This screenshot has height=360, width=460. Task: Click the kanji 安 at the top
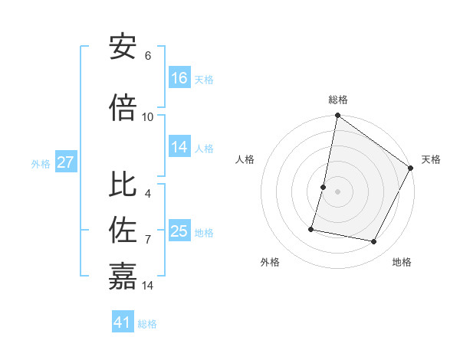123,46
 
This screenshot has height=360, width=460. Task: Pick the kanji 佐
123,230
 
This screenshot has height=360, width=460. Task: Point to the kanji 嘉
123,276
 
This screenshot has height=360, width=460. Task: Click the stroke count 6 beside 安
148,55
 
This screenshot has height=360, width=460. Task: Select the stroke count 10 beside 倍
148,116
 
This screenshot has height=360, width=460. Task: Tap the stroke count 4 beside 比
148,193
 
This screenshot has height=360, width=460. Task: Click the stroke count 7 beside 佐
148,239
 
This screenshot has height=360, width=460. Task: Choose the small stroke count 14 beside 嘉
149,285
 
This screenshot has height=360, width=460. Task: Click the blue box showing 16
179,78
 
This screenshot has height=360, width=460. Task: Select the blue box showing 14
179,147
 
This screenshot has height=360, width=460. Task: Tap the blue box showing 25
179,231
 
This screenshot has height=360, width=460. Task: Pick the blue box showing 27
65,162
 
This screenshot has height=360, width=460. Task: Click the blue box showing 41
123,322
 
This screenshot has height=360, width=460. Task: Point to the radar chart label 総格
337,100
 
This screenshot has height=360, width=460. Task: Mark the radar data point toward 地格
374,242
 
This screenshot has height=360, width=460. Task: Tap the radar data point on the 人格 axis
324,187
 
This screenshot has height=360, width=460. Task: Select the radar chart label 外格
270,262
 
